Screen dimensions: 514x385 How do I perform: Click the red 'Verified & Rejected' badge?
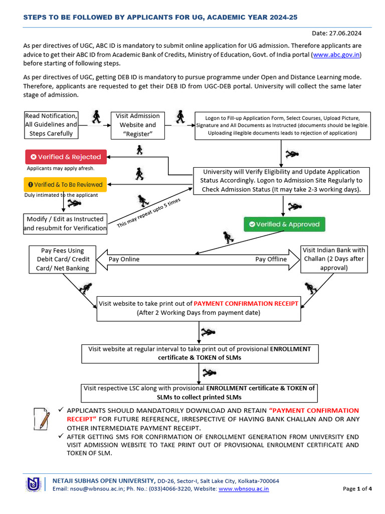[66, 157]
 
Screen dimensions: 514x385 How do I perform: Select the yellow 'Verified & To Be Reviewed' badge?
[66, 184]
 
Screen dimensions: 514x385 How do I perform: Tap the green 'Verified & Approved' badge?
[285, 224]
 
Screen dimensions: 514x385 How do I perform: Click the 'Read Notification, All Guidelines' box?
[51, 125]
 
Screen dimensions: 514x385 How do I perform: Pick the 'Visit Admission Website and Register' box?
[137, 125]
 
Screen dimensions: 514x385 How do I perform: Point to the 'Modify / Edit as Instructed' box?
[65, 223]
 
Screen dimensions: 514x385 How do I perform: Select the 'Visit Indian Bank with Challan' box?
[334, 259]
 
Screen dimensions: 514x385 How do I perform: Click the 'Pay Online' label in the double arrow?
[124, 259]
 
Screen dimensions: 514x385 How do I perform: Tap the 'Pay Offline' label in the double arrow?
[271, 259]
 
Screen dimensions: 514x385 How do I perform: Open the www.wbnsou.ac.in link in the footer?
[244, 488]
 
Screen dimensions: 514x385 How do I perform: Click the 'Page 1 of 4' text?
[357, 488]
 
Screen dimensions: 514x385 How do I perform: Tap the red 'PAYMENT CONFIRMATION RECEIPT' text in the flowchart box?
[246, 303]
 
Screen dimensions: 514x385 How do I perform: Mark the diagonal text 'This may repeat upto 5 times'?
[148, 213]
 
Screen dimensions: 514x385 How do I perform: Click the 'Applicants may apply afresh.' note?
[60, 168]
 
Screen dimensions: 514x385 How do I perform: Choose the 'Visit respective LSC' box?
[199, 393]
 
